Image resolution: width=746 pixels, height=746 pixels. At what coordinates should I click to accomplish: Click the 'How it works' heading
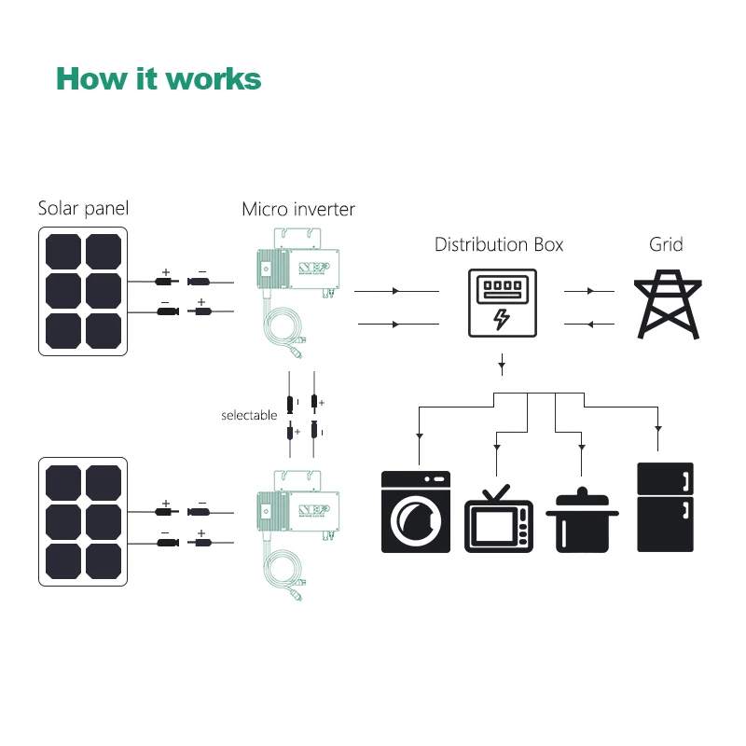(x=159, y=78)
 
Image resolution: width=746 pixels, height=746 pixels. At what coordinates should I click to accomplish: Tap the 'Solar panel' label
(x=83, y=208)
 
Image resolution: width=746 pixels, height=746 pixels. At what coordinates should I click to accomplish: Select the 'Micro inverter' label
(x=298, y=209)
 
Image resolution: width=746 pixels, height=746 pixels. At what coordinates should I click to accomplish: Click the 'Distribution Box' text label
(x=499, y=245)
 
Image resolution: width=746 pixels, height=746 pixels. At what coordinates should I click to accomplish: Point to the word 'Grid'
(x=666, y=245)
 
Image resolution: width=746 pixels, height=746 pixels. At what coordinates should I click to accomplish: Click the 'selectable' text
(x=249, y=414)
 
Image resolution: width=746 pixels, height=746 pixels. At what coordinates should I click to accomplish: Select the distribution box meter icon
(x=501, y=303)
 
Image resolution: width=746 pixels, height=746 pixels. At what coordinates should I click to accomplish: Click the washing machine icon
(x=416, y=512)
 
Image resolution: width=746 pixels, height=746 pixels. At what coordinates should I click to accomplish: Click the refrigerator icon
(x=665, y=505)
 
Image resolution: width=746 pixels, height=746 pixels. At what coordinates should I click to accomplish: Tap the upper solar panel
(x=83, y=292)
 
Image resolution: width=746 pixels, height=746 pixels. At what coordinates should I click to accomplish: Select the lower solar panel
(x=83, y=520)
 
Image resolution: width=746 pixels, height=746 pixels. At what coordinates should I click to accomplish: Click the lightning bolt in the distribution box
(x=502, y=318)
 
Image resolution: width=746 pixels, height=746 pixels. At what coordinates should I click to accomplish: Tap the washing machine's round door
(x=415, y=518)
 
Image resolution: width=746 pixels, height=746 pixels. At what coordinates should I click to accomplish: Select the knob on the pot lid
(x=582, y=490)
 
